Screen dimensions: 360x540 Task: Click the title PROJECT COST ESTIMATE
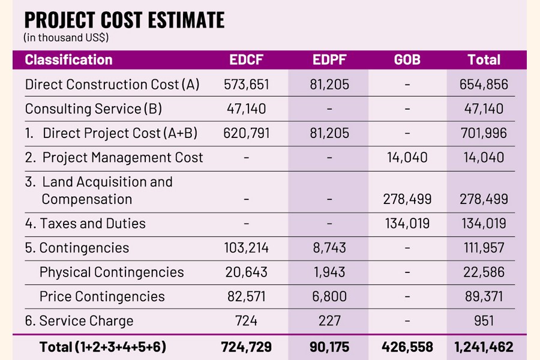[x=124, y=20]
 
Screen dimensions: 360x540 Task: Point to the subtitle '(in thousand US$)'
[x=66, y=38]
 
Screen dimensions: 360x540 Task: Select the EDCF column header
[x=246, y=59]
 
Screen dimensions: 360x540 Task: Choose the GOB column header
[x=407, y=59]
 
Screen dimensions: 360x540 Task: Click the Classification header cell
[x=68, y=59]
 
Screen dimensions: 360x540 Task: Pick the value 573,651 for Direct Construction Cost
[x=246, y=84]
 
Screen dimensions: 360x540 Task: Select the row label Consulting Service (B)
[x=93, y=109]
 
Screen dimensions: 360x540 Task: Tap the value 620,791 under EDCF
[x=246, y=133]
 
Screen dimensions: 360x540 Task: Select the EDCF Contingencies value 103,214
[x=246, y=248]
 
